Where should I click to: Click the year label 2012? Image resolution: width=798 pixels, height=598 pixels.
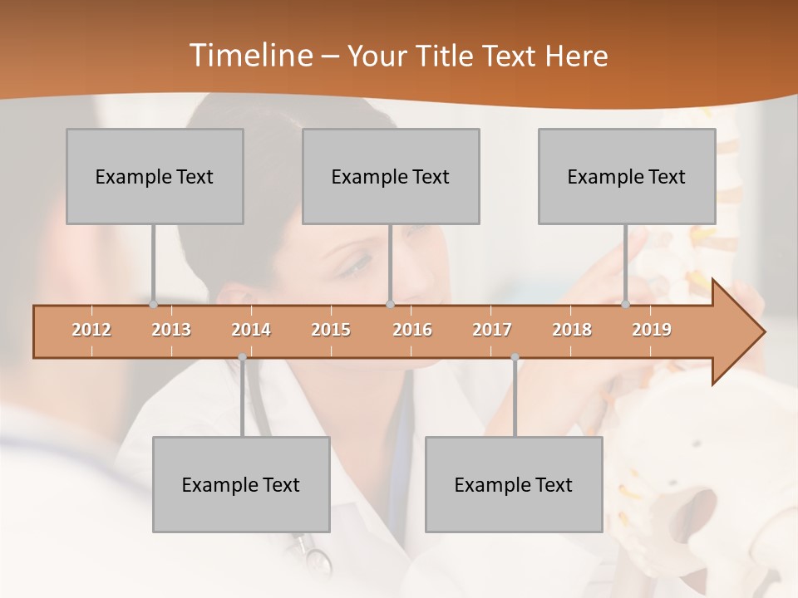click(x=91, y=330)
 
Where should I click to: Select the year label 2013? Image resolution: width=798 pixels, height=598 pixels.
click(x=171, y=330)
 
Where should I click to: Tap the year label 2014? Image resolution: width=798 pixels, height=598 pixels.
click(x=251, y=330)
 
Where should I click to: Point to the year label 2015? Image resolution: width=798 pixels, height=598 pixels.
click(x=331, y=330)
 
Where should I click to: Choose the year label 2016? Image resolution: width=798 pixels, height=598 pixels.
click(x=412, y=330)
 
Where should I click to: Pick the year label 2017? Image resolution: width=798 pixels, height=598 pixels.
click(x=492, y=330)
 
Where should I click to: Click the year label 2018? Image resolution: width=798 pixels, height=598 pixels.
click(x=572, y=330)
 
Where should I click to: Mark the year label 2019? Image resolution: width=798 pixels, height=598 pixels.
click(x=652, y=330)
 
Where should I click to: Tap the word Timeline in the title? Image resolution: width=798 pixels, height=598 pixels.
click(x=250, y=56)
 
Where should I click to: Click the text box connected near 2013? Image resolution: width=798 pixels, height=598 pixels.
click(x=155, y=176)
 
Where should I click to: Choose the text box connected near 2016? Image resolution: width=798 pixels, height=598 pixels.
click(x=391, y=176)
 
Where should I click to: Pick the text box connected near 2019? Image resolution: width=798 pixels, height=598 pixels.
click(x=627, y=176)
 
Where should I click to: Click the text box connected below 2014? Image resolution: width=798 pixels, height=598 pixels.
click(x=241, y=484)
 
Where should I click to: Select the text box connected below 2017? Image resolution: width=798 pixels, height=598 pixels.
click(x=514, y=484)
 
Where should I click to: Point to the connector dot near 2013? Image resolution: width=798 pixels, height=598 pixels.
click(x=153, y=305)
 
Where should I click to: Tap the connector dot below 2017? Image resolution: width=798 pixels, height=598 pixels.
click(x=515, y=357)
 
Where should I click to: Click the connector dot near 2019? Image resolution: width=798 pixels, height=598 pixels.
click(x=625, y=305)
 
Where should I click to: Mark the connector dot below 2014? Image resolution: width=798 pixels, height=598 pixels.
click(x=242, y=357)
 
